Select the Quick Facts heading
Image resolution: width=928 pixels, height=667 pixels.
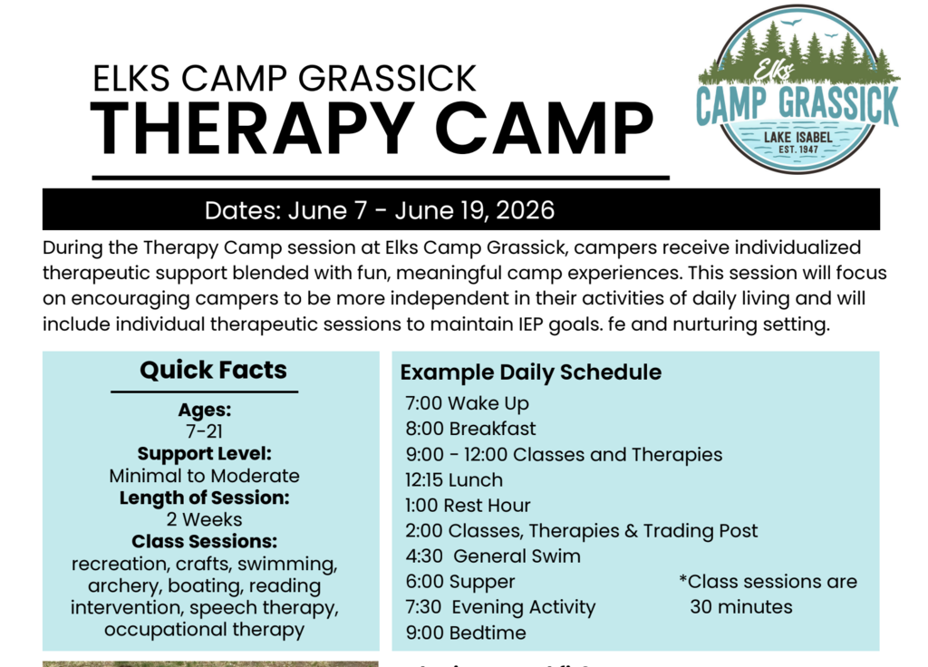tap(213, 370)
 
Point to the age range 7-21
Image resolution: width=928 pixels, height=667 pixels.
tap(204, 431)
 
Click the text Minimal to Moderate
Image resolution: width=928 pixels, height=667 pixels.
tap(204, 476)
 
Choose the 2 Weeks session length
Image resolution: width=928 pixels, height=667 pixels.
tap(204, 519)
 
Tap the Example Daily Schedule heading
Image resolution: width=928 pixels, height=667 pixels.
tap(531, 372)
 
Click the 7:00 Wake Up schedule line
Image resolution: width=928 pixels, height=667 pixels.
tap(467, 403)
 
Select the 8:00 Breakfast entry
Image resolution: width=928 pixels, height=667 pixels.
tap(470, 429)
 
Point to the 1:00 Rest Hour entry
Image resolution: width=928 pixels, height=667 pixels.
tap(468, 505)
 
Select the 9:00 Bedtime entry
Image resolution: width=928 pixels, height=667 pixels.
tap(465, 633)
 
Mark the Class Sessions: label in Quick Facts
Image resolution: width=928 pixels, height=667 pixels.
tap(204, 542)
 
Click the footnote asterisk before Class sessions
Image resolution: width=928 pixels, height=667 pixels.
tap(683, 580)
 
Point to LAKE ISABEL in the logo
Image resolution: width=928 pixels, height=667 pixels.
tap(797, 135)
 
